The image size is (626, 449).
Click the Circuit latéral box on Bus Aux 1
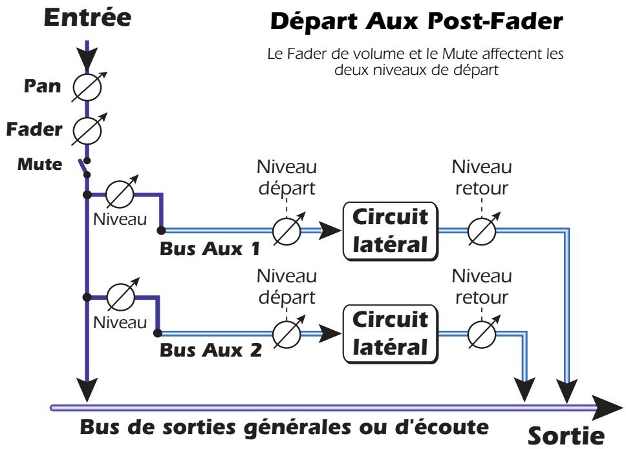pos(389,231)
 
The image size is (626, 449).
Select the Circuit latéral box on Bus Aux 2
pos(389,334)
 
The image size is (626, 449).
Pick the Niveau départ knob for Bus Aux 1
pos(286,231)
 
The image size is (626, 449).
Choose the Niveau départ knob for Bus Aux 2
pos(286,334)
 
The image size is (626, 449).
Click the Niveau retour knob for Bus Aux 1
pos(482,231)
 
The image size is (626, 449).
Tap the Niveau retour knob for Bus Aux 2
pos(482,334)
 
